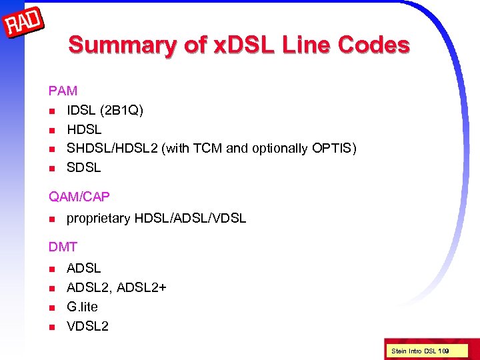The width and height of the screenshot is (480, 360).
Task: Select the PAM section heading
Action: coord(63,90)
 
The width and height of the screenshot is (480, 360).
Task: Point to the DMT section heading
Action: coord(63,247)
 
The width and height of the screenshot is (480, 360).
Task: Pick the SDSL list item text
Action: coord(84,168)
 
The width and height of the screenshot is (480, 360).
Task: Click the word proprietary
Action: coord(98,219)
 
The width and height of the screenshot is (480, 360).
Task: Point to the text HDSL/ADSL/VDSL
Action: coord(190,218)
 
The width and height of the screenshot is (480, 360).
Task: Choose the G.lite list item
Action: coord(82,307)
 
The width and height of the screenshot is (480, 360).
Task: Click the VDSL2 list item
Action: coord(87,326)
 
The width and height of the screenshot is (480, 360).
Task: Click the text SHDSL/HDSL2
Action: coord(113,149)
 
